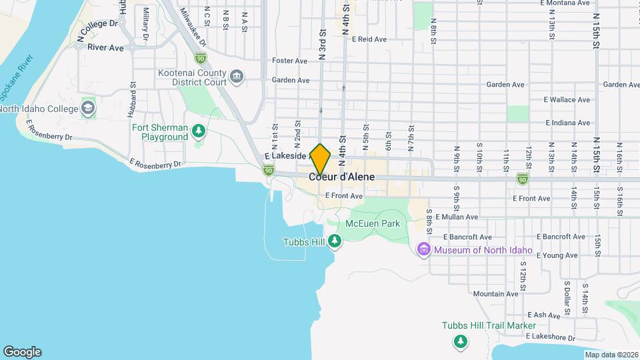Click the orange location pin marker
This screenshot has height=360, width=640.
coord(321,159)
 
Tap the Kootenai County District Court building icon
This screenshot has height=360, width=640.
coord(236,77)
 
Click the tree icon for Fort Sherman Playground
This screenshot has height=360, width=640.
coord(198,131)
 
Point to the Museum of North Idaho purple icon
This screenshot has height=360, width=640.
coord(423,250)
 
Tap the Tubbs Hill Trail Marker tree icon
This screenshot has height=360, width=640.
coord(460,341)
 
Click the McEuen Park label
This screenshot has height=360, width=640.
coord(373,223)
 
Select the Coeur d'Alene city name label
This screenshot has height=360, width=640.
coord(341,177)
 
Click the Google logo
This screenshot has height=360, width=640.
coord(22,351)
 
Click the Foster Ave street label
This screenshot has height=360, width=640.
coord(289,61)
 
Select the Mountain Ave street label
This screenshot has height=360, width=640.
coord(495,293)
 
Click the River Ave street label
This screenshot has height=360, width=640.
coord(105,48)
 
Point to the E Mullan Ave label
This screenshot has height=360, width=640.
coord(457,217)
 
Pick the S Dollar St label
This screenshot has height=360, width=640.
coord(567,298)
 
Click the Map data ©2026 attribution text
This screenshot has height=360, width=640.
coord(611,355)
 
